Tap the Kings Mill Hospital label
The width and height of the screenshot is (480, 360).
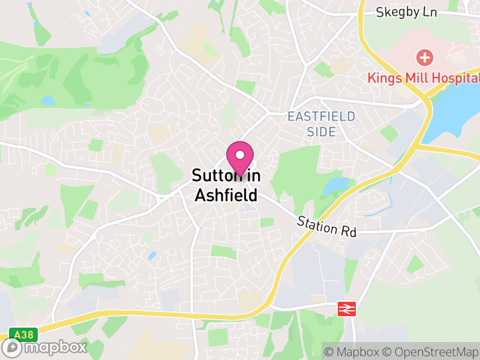(424, 78)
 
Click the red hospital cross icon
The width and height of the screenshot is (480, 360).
(424, 58)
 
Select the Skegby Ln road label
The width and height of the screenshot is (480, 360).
(406, 12)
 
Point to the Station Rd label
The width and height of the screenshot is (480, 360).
(326, 227)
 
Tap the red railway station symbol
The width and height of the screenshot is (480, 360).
(346, 308)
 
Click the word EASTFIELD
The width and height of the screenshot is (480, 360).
(321, 116)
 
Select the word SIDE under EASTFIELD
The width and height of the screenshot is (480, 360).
(321, 132)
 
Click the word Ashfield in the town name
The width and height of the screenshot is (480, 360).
(226, 195)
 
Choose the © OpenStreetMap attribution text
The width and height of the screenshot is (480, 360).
(429, 352)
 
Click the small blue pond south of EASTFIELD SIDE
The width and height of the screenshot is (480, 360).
(337, 185)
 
